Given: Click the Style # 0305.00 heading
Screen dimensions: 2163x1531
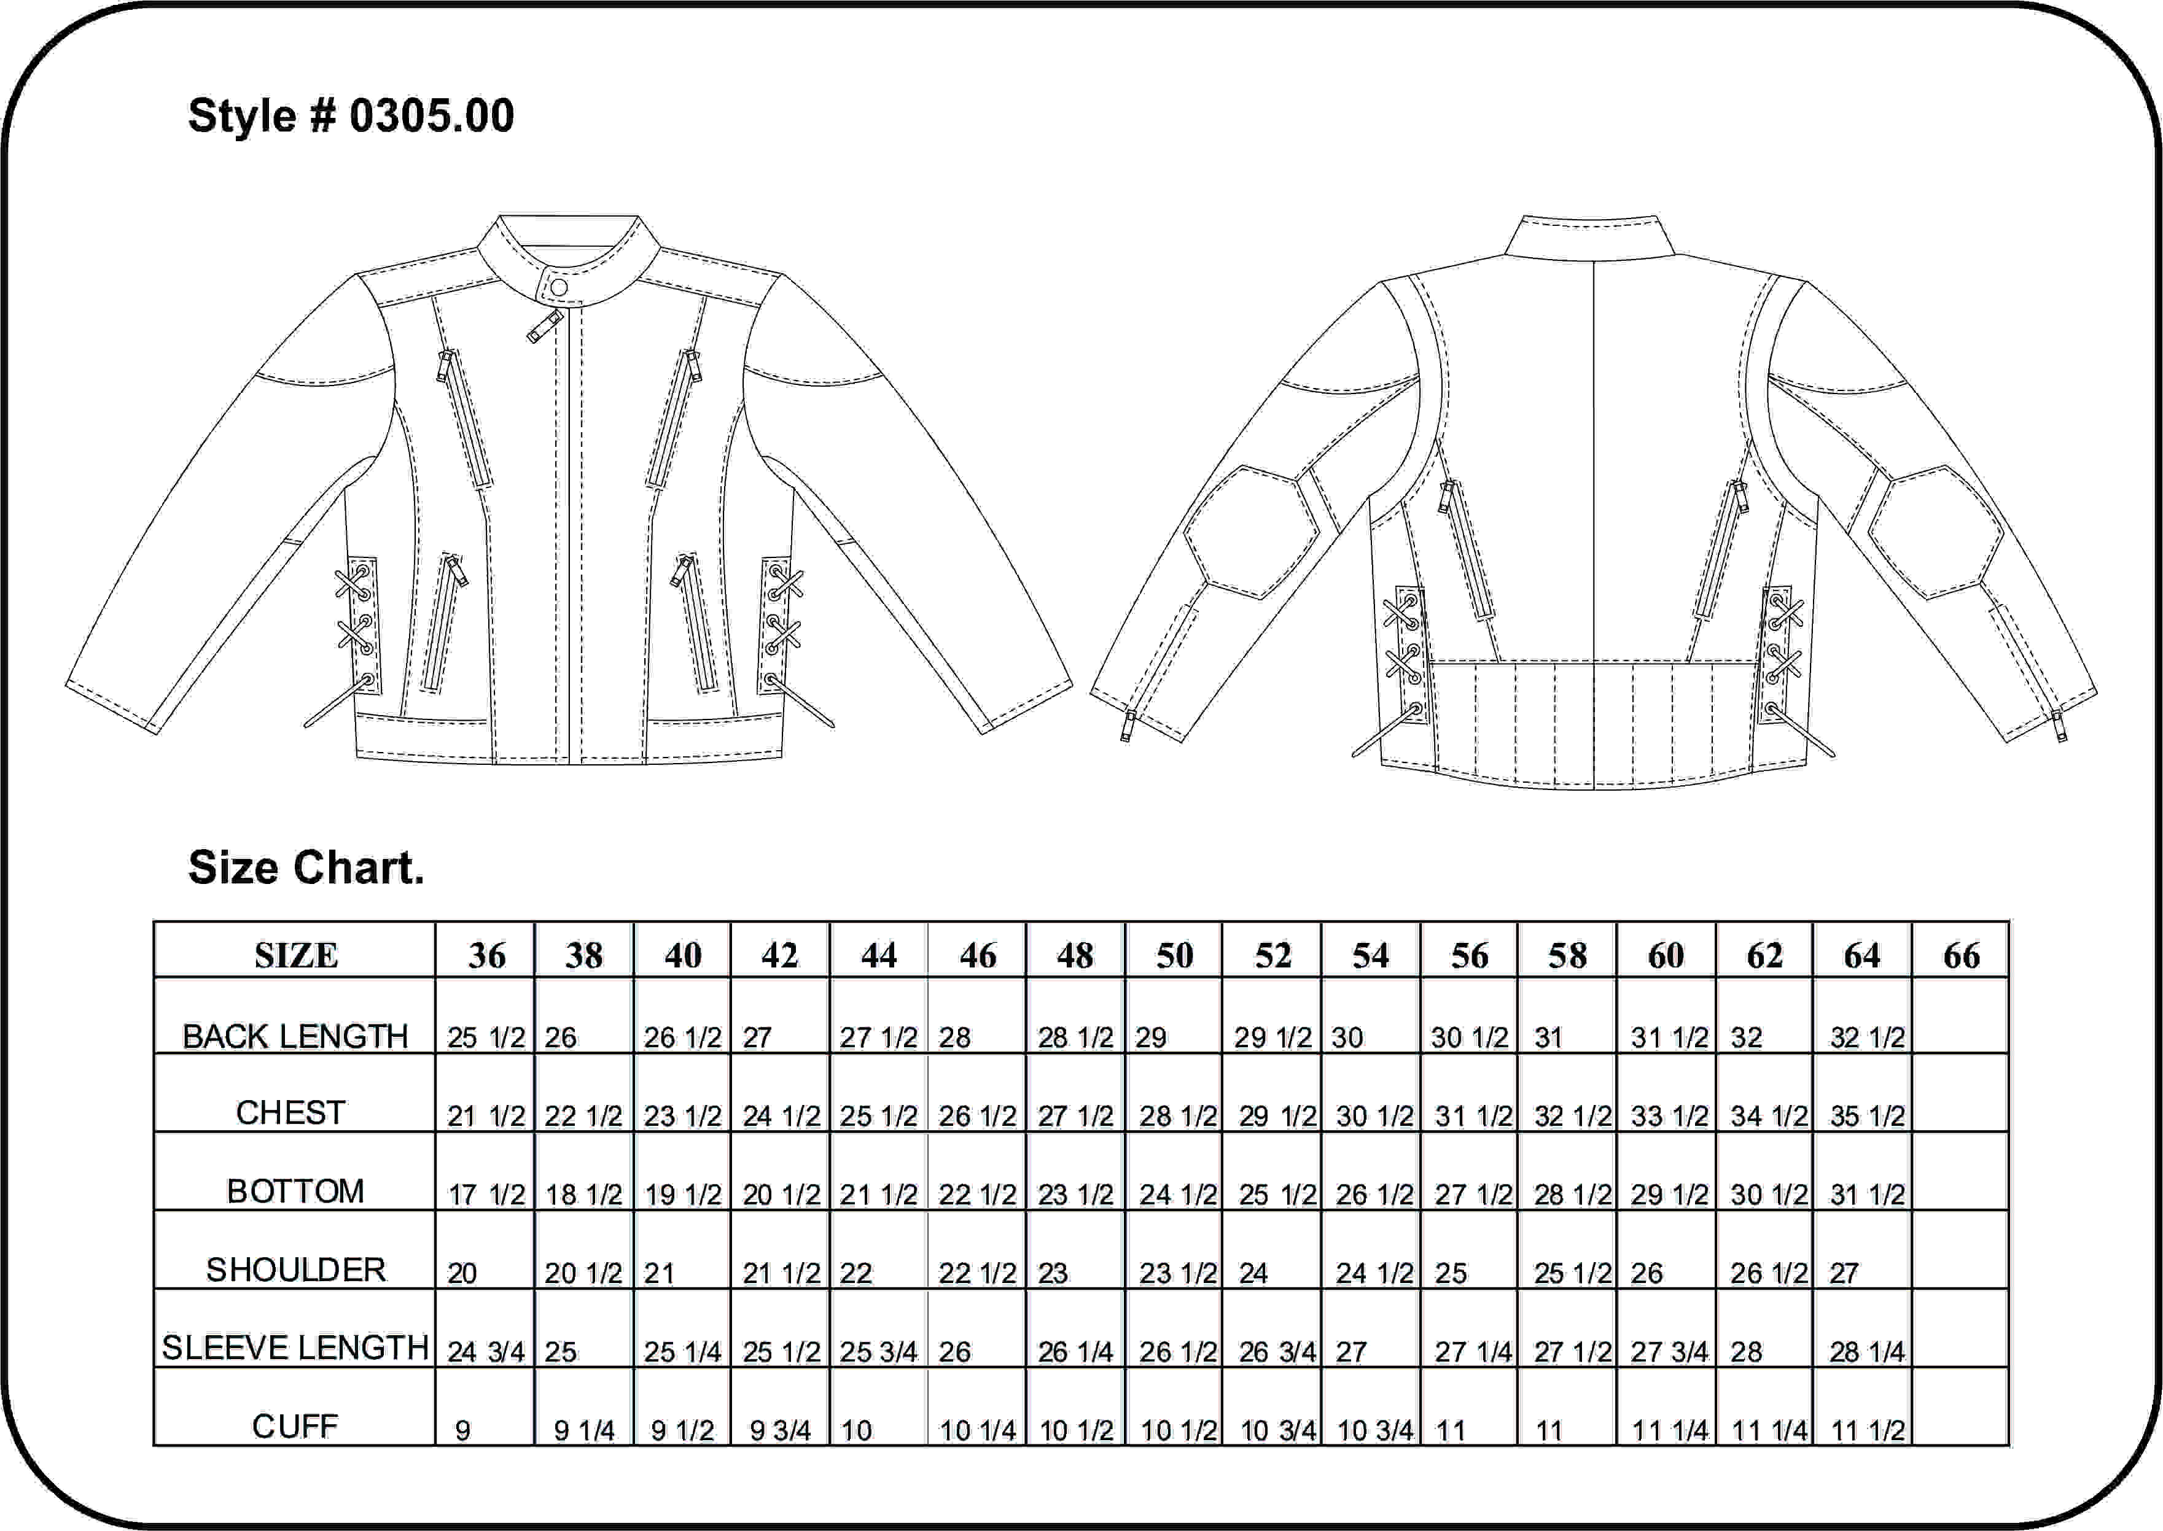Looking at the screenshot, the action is [351, 116].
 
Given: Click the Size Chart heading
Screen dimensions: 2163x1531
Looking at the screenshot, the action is [306, 867].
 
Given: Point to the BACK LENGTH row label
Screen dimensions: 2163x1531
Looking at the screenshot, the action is [295, 1036].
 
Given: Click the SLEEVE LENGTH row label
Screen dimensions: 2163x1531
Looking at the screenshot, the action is [295, 1347].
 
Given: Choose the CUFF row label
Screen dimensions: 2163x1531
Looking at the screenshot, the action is [295, 1427].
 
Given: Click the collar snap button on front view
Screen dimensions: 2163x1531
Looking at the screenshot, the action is [558, 287].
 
